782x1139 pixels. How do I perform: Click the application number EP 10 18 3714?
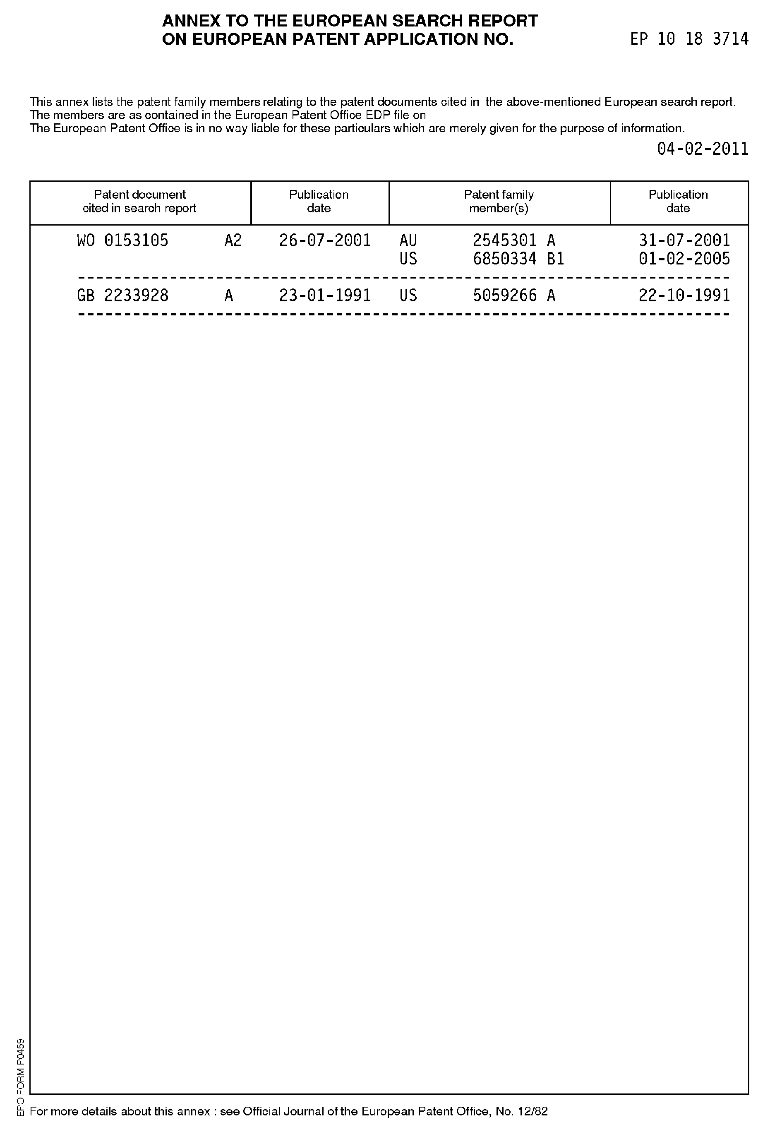pos(689,39)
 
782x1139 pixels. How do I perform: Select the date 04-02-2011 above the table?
pos(702,149)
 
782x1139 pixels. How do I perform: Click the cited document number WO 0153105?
pos(122,240)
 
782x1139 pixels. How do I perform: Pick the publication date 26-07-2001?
pos(325,240)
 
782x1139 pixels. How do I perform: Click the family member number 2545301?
pos(504,240)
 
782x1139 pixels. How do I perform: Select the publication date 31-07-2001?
pos(684,240)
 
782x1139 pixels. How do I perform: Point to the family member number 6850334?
pos(504,259)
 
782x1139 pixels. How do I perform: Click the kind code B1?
pos(556,259)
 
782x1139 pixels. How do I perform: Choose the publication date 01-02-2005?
pos(684,259)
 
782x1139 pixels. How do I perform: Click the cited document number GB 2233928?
pos(122,296)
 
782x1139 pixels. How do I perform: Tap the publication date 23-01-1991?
pos(325,296)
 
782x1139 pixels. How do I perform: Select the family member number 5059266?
pos(504,296)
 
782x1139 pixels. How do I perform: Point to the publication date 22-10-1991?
pos(684,296)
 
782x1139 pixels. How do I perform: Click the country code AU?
pos(408,240)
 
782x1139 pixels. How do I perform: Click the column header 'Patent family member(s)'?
pos(499,202)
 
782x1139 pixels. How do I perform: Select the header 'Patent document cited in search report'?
pos(140,202)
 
